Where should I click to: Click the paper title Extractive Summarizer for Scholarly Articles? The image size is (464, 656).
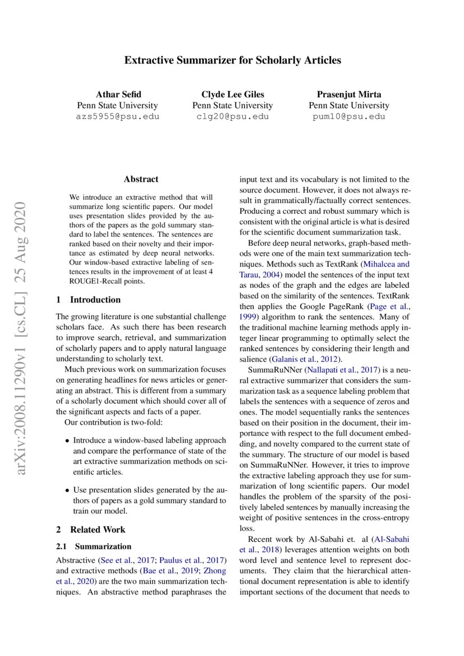(232, 59)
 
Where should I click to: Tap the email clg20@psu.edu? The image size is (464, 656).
(232, 117)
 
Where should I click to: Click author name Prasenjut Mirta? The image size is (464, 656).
(348, 94)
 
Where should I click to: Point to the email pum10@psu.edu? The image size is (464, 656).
(348, 117)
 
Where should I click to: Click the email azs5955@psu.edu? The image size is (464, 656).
(117, 117)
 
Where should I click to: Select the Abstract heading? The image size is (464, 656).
(141, 180)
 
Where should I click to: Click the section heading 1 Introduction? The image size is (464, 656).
(89, 300)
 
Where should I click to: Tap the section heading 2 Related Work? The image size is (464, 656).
(91, 529)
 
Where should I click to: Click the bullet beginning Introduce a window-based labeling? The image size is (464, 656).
(149, 456)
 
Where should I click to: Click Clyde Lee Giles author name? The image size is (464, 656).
(232, 94)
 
